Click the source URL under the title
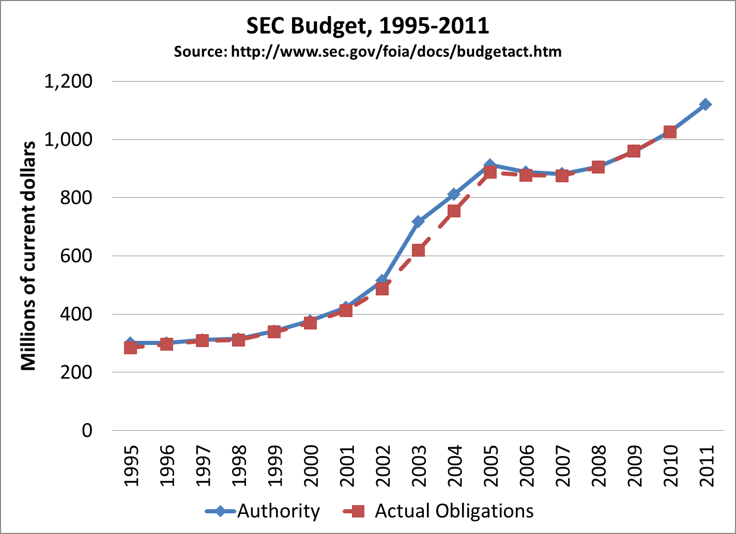pyautogui.click(x=367, y=52)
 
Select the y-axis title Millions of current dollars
pyautogui.click(x=28, y=256)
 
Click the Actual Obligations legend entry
pyautogui.click(x=439, y=511)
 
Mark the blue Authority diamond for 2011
pyautogui.click(x=706, y=104)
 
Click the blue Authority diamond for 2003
pyautogui.click(x=418, y=222)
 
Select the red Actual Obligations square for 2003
pyautogui.click(x=418, y=250)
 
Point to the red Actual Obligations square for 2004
pyautogui.click(x=454, y=211)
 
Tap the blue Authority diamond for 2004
pyautogui.click(x=454, y=194)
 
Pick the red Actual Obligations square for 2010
pyautogui.click(x=670, y=132)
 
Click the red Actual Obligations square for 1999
pyautogui.click(x=274, y=331)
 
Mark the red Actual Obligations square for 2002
pyautogui.click(x=382, y=288)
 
